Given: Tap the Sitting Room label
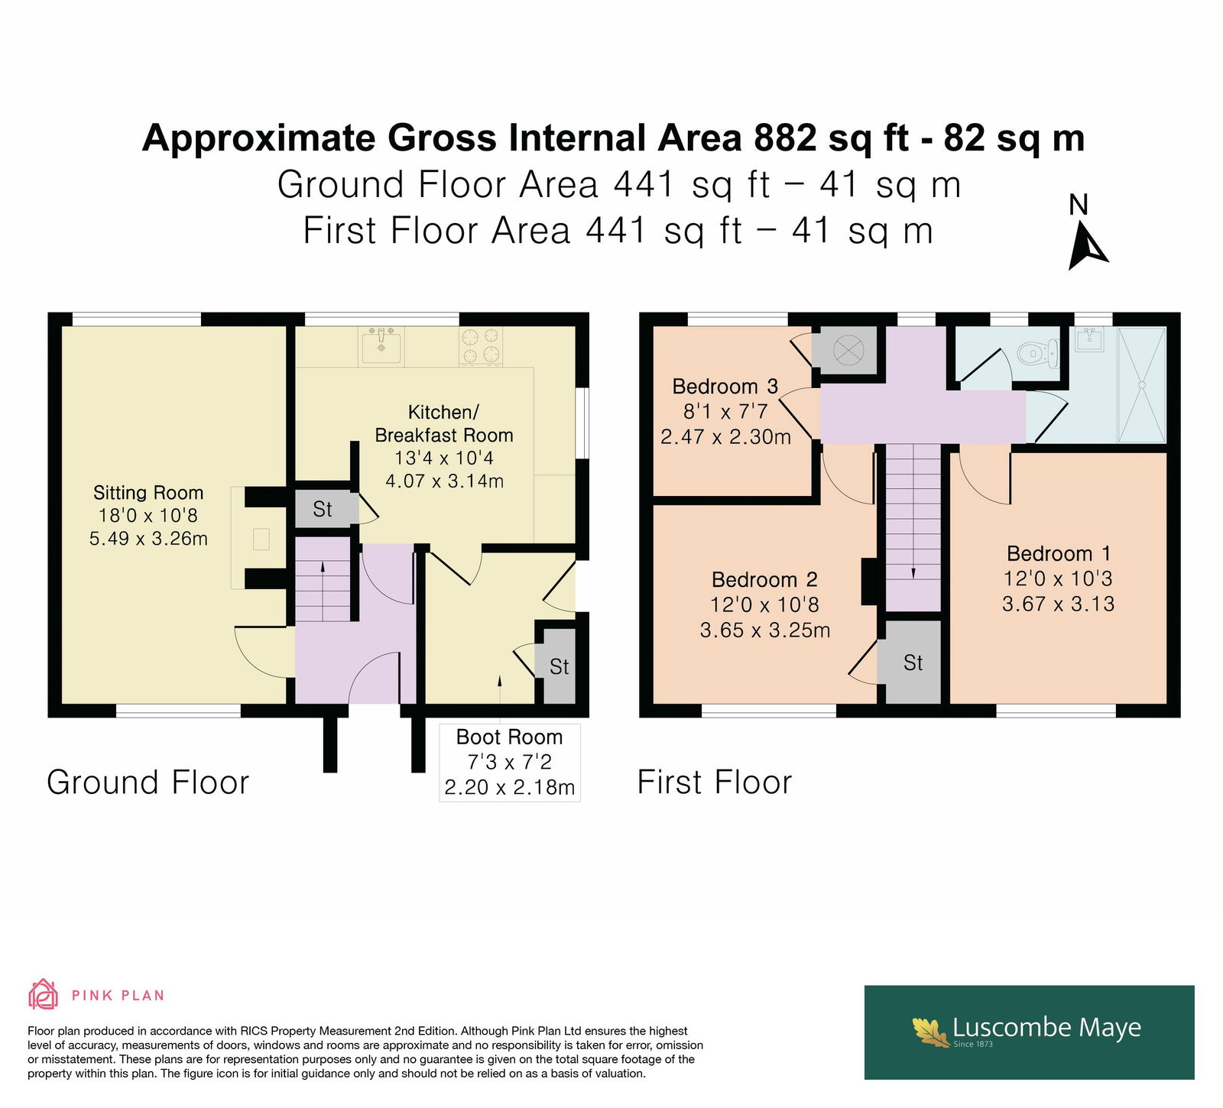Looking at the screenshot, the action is point(148,493).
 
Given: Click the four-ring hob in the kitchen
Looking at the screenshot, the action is point(481,345).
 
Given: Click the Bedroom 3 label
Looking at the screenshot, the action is point(725,387).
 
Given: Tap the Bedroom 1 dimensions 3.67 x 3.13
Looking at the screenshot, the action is point(1059,604).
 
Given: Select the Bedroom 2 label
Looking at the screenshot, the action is point(764,580).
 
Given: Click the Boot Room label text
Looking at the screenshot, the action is point(509,737).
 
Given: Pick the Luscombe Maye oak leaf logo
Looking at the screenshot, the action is point(930,1032).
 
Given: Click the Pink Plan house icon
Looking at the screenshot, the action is point(44,994).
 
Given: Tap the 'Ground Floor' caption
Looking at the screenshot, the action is point(148,782).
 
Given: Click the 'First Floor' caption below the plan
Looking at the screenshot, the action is point(715,782).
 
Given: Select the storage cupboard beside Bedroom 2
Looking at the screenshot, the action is point(913,662).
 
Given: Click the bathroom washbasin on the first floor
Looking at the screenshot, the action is point(1089,339).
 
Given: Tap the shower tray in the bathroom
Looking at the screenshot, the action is point(1143,384).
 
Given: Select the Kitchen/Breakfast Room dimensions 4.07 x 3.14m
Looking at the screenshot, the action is point(444,481).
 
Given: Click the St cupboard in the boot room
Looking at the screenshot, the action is point(560,666).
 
